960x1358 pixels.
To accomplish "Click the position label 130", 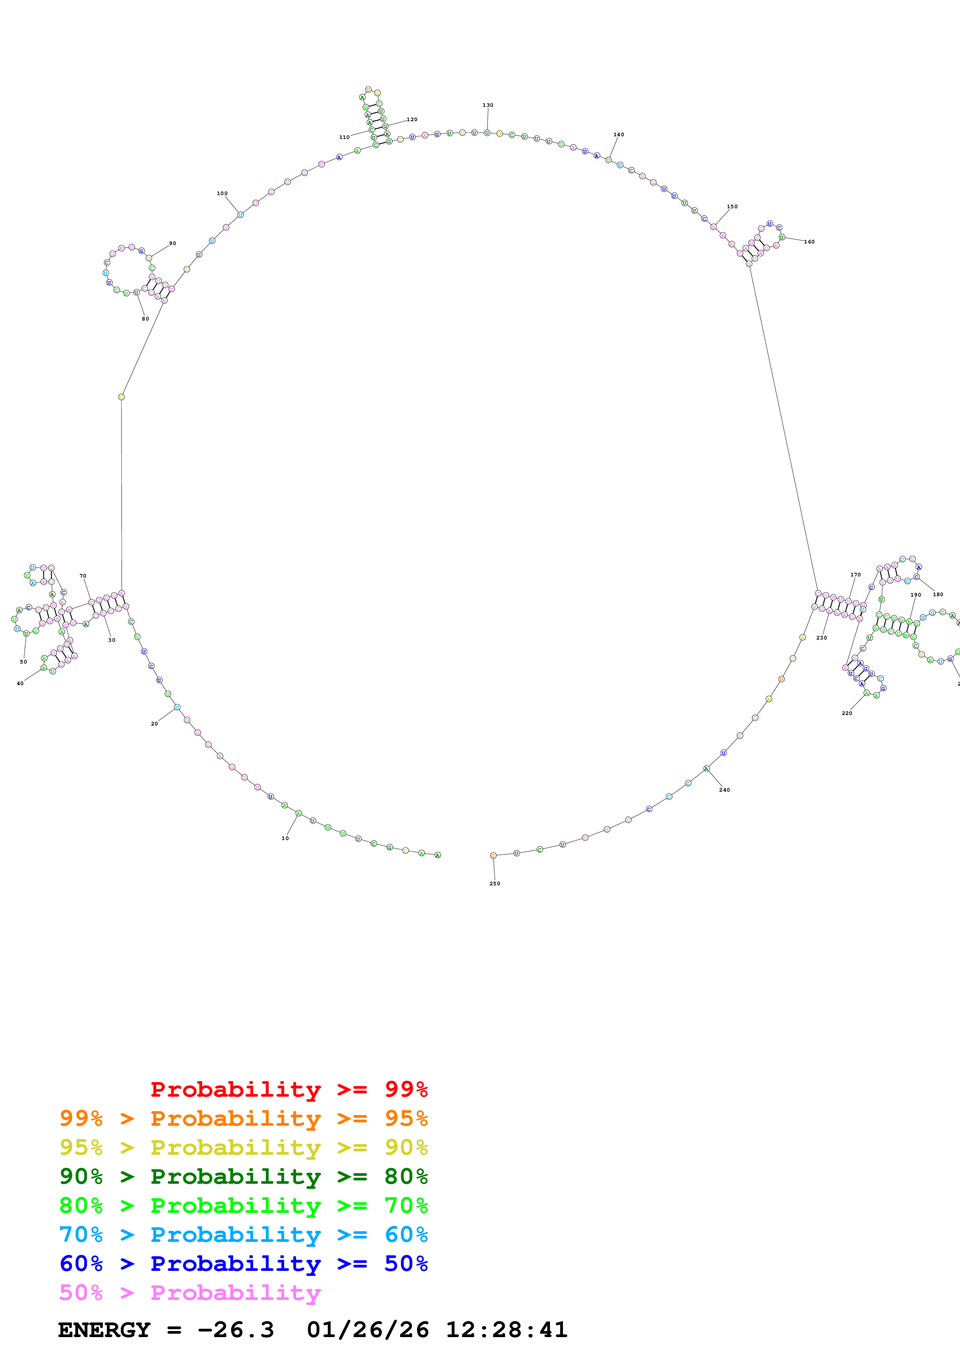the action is click(x=488, y=105).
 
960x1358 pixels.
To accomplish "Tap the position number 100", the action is click(x=222, y=194).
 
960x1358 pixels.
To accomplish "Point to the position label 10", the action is click(x=285, y=838).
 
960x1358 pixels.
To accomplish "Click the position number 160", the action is click(x=809, y=242).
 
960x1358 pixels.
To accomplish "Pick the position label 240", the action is click(x=724, y=790).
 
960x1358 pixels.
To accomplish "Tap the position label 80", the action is click(x=145, y=319).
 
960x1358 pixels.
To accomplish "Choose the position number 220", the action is click(x=847, y=713).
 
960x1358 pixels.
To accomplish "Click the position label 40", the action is click(x=20, y=684).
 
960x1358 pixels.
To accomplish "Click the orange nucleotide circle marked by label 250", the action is click(x=493, y=855).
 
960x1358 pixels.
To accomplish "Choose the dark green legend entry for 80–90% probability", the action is click(x=243, y=1176).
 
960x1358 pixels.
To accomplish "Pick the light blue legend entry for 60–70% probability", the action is click(x=243, y=1235).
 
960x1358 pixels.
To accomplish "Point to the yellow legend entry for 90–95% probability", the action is click(x=243, y=1147).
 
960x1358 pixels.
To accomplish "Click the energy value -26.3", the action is click(x=235, y=1330).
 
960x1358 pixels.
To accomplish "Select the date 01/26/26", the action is click(x=368, y=1330).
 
